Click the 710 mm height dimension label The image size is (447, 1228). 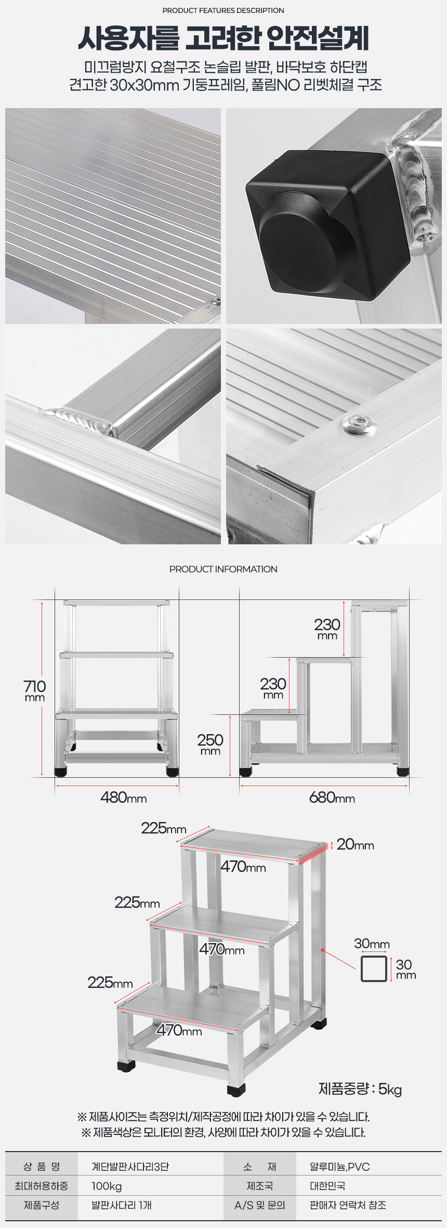tap(35, 690)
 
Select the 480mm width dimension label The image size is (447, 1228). tap(124, 798)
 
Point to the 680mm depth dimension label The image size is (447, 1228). tap(332, 798)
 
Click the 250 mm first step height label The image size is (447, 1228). tap(210, 744)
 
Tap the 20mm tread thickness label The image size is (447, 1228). tap(356, 844)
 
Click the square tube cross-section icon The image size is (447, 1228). tap(374, 969)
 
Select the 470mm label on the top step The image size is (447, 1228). tap(243, 866)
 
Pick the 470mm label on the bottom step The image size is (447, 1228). tap(179, 1030)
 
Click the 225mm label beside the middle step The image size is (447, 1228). tap(137, 902)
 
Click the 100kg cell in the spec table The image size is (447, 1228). tap(107, 1186)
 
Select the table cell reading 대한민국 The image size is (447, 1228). tap(327, 1186)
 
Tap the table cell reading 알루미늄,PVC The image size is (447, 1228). tap(340, 1167)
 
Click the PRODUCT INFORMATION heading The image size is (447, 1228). tap(223, 569)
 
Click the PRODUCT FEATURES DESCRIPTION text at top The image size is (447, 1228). tap(223, 10)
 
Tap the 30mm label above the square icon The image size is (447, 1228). tap(372, 943)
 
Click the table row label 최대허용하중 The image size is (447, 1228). tap(42, 1186)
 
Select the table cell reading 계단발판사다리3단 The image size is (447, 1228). tap(130, 1167)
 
